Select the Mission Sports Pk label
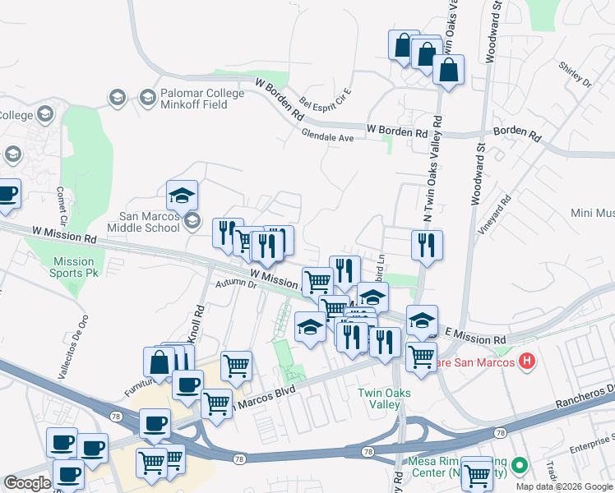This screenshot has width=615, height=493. [x=73, y=266]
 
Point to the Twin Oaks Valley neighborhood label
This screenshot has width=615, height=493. [x=384, y=399]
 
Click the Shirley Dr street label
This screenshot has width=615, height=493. [x=575, y=74]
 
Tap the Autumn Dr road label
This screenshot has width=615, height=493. [x=237, y=284]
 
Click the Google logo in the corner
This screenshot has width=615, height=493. [x=27, y=484]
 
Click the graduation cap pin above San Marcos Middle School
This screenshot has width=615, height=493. [x=182, y=196]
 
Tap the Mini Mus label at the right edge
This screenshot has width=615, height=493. [x=592, y=213]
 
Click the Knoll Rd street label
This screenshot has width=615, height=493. [x=198, y=325]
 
